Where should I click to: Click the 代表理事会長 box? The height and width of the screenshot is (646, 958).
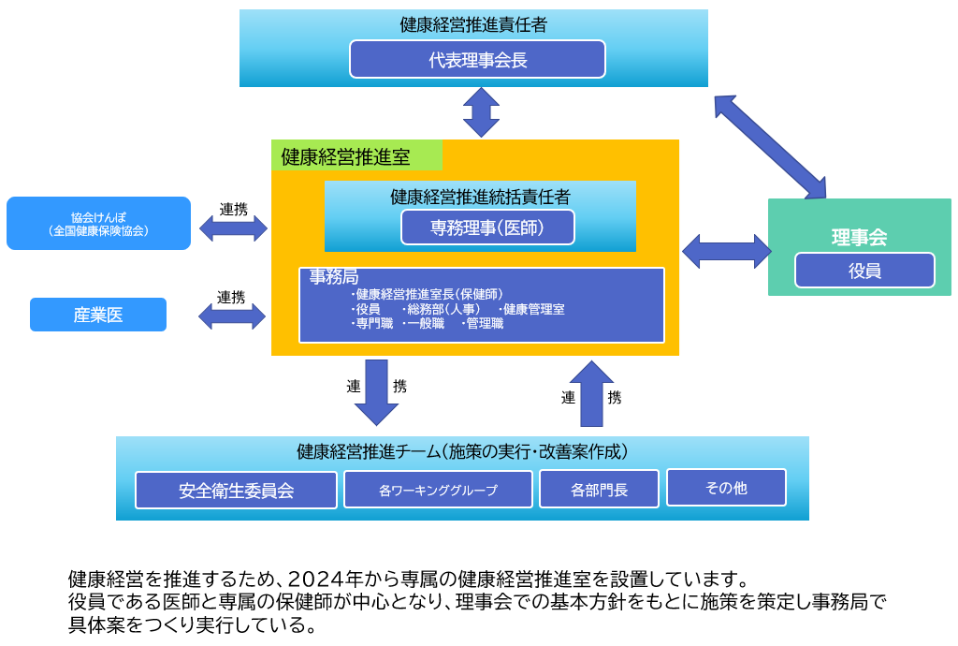tap(477, 59)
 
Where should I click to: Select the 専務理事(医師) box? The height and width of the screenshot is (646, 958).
tap(487, 227)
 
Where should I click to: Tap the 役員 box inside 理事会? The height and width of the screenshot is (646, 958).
tap(864, 271)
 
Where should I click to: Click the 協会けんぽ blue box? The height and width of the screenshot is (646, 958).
tap(98, 223)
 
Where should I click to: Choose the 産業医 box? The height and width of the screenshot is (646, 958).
tap(98, 315)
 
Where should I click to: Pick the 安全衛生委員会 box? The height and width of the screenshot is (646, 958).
tap(236, 490)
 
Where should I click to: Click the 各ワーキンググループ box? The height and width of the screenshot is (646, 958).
tap(438, 489)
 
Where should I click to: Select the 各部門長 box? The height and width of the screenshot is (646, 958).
tap(599, 489)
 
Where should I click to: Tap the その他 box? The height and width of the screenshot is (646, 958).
tap(726, 487)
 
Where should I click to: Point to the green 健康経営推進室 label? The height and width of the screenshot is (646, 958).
tap(356, 155)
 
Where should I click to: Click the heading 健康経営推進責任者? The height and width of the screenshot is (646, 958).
tap(473, 25)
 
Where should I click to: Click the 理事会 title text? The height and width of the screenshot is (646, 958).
tap(859, 237)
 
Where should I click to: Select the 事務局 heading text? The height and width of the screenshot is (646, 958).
tap(334, 277)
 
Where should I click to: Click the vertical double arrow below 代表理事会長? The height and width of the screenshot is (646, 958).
tap(482, 112)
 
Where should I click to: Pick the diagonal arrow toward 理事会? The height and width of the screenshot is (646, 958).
tap(770, 147)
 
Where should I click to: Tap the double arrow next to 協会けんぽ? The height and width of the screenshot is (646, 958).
tap(234, 228)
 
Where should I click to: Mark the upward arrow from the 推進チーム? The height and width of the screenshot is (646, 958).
tap(591, 393)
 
